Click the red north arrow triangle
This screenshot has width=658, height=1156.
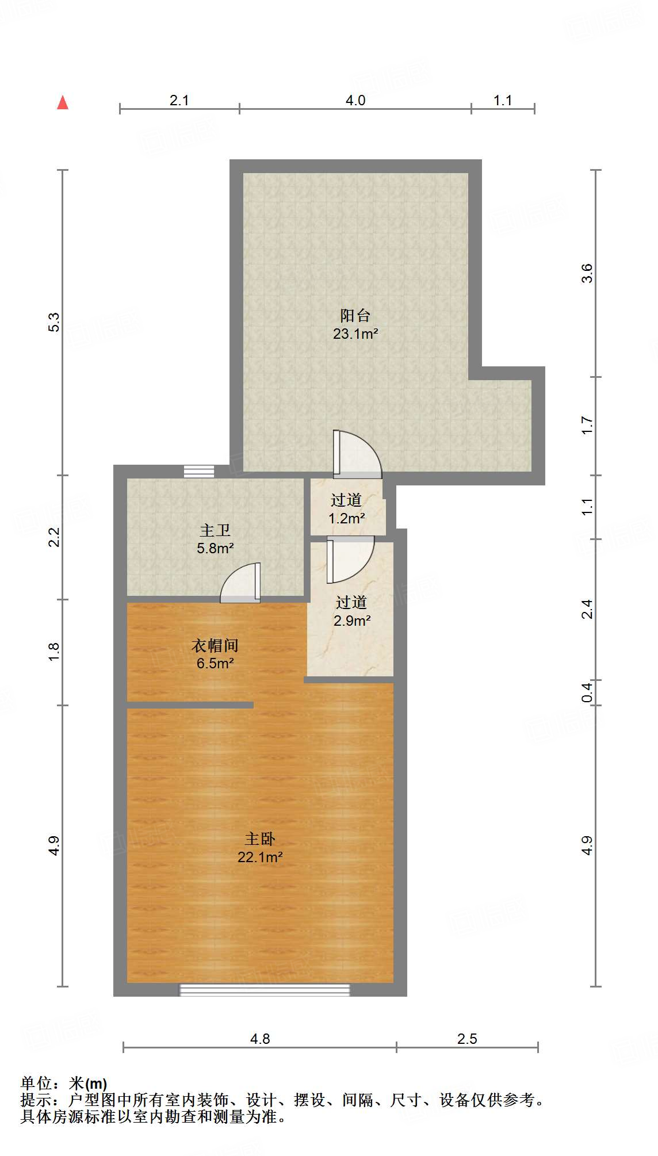(x=63, y=103)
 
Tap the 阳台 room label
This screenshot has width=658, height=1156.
(x=355, y=315)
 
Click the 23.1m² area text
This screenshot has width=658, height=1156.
(x=355, y=334)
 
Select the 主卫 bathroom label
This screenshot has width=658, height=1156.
(x=215, y=530)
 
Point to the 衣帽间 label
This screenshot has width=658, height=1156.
(x=215, y=645)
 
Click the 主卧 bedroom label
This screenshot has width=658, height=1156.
(x=260, y=839)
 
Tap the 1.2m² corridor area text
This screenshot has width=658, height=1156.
(x=346, y=518)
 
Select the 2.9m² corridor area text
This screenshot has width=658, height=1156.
(x=351, y=621)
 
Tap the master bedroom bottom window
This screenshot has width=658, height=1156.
(x=265, y=989)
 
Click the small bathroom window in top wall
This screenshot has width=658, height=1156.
(x=199, y=471)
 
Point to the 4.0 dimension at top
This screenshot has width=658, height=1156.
(x=355, y=100)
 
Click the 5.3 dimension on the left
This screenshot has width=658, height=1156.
(x=53, y=322)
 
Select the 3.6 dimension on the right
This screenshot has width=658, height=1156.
(x=586, y=273)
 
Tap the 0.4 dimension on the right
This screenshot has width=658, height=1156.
(x=586, y=692)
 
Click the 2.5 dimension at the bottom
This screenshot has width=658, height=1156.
(x=467, y=1038)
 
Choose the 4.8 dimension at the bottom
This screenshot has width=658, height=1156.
(x=260, y=1038)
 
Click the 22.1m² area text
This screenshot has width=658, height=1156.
(x=260, y=857)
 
